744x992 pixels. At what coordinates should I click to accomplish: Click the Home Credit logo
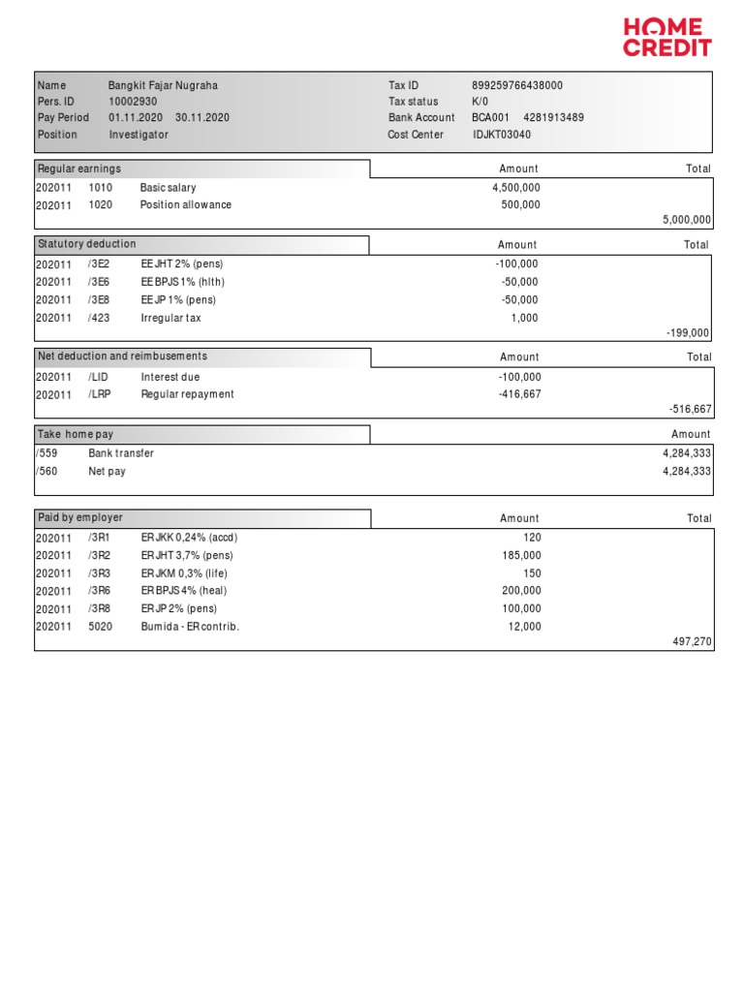click(666, 37)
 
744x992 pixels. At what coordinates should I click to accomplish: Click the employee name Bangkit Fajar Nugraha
click(163, 85)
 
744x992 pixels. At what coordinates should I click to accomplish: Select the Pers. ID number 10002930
click(133, 102)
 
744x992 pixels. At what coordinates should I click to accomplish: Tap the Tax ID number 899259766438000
click(516, 85)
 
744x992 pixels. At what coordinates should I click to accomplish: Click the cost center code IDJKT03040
click(502, 135)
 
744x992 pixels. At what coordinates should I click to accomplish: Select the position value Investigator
click(139, 135)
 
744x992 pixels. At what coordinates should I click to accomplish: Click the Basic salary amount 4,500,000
click(516, 188)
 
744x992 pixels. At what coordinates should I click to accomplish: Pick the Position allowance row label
click(186, 205)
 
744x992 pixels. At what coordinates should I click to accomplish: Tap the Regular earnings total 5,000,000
click(687, 221)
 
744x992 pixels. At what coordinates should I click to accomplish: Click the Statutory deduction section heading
click(87, 244)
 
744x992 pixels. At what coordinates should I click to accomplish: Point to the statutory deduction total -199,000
click(688, 333)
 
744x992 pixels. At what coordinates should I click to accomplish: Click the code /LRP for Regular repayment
click(100, 394)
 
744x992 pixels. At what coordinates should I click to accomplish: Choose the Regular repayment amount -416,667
click(519, 394)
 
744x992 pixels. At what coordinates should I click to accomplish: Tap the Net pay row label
click(107, 472)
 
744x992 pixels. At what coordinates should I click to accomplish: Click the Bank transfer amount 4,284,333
click(687, 453)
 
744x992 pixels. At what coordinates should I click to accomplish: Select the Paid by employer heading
click(80, 517)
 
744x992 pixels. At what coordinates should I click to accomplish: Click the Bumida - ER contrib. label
click(190, 627)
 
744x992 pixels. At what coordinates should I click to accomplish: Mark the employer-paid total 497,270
click(692, 641)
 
